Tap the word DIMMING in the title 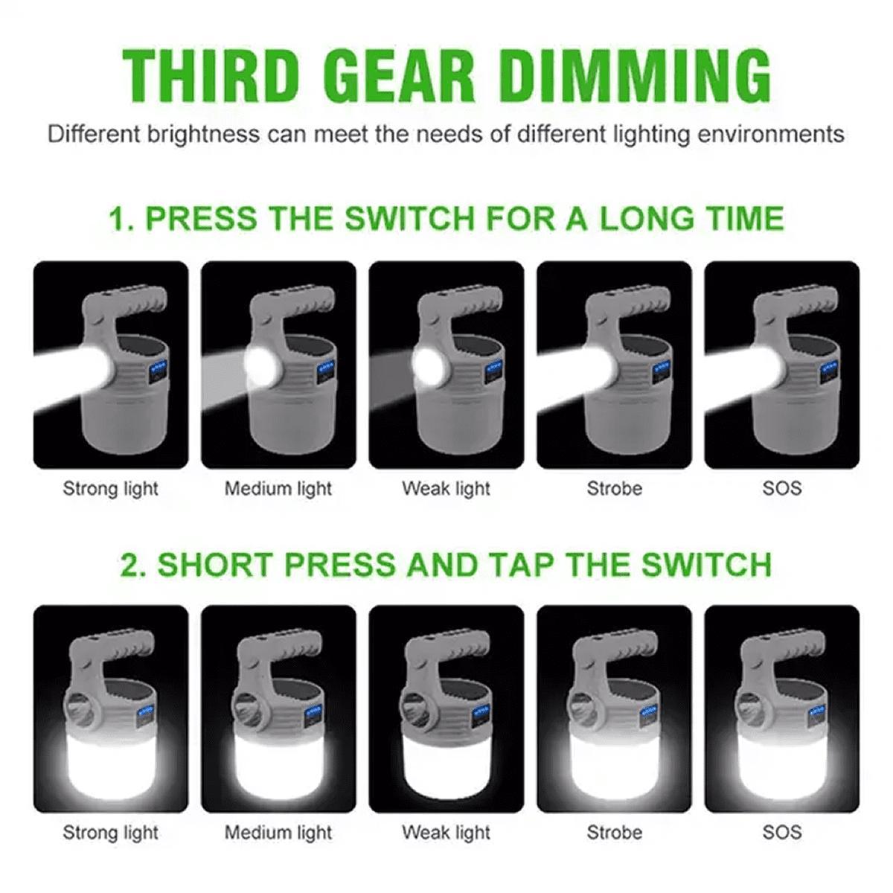636,76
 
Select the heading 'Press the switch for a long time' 446,218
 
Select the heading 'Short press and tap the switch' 446,564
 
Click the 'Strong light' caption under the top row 110,490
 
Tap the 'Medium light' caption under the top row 278,490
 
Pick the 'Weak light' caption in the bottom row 446,833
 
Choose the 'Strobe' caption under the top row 615,489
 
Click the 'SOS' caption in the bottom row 782,833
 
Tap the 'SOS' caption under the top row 782,489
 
